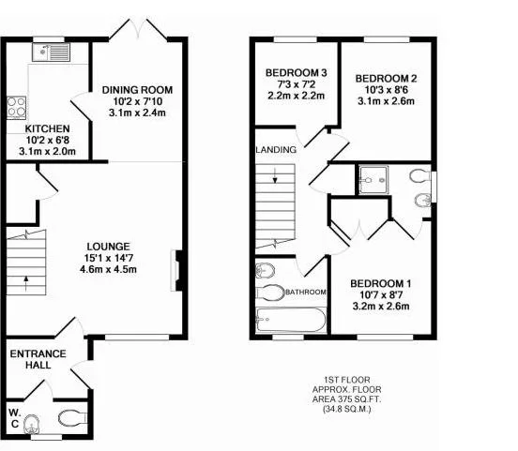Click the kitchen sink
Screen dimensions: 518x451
51,53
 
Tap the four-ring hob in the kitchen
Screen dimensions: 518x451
17,107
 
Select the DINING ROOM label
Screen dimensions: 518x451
137,90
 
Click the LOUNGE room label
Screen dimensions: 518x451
108,247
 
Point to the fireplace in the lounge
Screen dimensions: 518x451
177,271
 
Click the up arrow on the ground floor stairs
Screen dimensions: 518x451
26,283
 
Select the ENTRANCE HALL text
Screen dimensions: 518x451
38,359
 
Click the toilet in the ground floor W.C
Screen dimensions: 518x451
72,418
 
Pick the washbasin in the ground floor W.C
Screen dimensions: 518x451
32,424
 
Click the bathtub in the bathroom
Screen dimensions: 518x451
291,320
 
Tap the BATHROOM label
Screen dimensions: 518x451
306,293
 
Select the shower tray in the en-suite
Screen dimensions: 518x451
373,180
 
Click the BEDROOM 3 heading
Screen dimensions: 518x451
297,72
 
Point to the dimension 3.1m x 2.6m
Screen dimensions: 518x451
387,101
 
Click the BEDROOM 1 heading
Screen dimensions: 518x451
381,283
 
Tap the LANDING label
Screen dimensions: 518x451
276,150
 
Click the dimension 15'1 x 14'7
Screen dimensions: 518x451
108,258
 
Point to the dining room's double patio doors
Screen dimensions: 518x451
139,30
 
